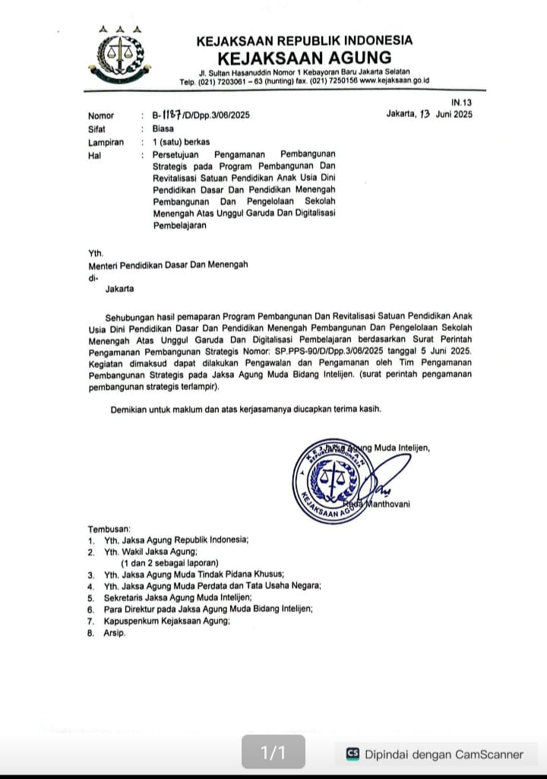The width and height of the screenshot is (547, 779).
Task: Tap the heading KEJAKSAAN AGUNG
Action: (x=304, y=58)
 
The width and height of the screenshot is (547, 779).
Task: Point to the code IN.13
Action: (x=461, y=102)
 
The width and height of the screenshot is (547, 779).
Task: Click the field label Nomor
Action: (x=101, y=116)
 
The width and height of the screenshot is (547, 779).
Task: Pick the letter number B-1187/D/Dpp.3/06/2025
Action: (x=201, y=116)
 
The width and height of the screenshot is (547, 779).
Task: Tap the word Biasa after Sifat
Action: (x=163, y=128)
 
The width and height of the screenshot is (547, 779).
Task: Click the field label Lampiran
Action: (x=106, y=141)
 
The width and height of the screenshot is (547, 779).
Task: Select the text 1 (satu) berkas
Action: (x=181, y=141)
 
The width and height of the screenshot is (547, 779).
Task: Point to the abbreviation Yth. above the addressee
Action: (x=96, y=253)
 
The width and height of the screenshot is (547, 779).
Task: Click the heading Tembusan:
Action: (x=109, y=527)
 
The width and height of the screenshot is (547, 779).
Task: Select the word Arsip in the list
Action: (x=115, y=632)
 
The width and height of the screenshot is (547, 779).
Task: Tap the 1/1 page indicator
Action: (x=273, y=753)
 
